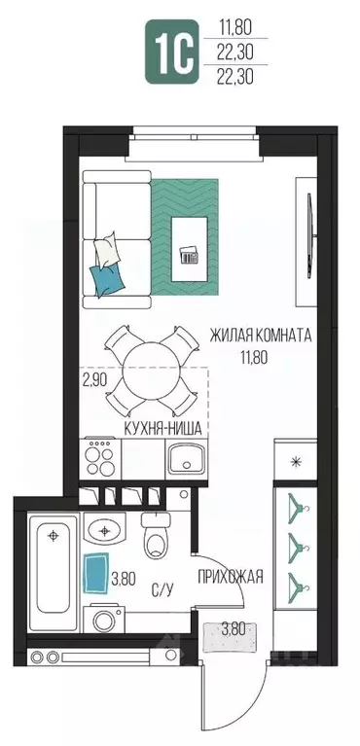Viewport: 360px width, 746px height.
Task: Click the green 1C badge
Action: coord(171,52)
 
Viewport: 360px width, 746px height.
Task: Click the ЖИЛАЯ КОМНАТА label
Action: coord(261,336)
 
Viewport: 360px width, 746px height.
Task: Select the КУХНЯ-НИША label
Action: coord(163,429)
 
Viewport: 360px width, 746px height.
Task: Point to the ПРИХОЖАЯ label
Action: coord(231,577)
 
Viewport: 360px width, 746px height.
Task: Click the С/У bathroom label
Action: coord(162,591)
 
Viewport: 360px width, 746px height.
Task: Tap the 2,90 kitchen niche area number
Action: coord(96,379)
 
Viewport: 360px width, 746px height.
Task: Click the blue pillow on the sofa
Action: coord(108,280)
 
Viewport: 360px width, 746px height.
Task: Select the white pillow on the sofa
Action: coord(107,251)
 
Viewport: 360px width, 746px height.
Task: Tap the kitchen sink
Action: coord(186,459)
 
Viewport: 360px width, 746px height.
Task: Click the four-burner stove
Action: coord(100,459)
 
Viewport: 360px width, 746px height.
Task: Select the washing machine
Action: coord(104,620)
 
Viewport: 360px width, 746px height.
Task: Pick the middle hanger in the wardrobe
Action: coord(296,545)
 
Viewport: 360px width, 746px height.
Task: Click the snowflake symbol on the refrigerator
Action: coord(296,461)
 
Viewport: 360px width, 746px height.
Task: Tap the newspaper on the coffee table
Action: coord(191,256)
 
